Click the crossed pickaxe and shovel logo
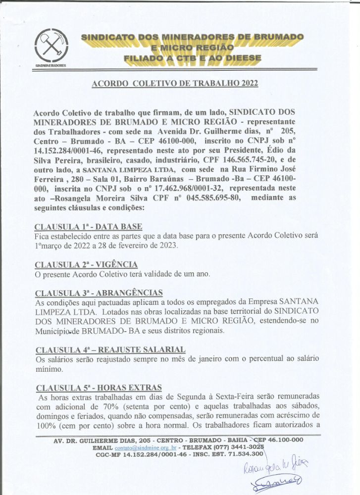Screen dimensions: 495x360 coord(51,46)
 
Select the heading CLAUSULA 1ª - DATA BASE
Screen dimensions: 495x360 coord(88,227)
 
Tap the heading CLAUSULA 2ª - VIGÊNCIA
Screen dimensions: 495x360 coord(86,265)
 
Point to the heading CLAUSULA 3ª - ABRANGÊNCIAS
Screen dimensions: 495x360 coord(99,293)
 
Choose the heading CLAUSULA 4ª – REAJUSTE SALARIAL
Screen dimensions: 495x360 coord(110,349)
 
